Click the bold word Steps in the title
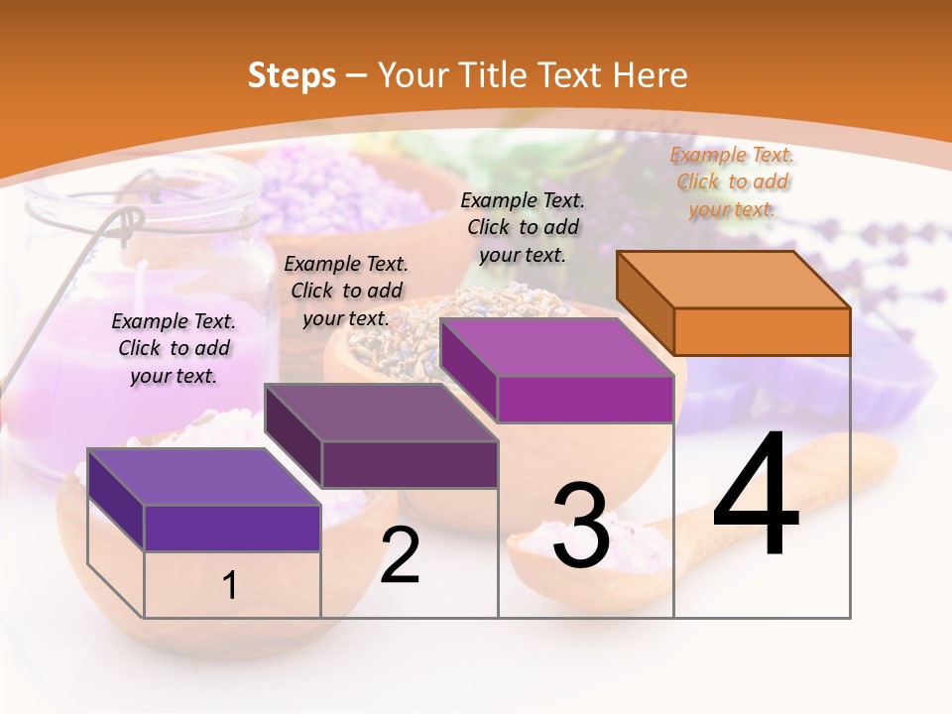[292, 75]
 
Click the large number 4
[756, 495]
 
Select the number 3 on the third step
[581, 527]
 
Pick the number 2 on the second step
[401, 556]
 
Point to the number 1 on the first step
[230, 586]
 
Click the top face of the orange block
[734, 279]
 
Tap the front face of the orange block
[762, 331]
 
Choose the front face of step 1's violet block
[232, 528]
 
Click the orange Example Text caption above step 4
[733, 181]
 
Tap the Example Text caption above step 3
[523, 227]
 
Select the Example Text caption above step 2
[346, 291]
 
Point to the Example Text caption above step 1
[174, 348]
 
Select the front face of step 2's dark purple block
[410, 464]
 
